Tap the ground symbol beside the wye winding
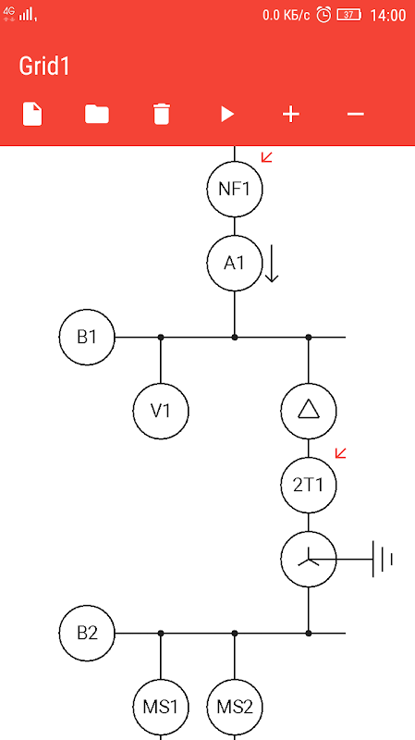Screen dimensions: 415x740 [x=383, y=560]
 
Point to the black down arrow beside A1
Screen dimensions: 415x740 [x=271, y=264]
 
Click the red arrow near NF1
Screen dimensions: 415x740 [x=267, y=157]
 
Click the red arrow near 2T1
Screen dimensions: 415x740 [x=340, y=453]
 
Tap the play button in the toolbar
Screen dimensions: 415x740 [x=227, y=114]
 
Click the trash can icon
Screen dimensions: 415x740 [x=161, y=114]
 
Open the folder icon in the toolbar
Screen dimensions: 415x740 [x=97, y=114]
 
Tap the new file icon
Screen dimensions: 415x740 [x=32, y=114]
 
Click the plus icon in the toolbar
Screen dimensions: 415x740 [x=291, y=114]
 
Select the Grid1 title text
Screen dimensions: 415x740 [x=44, y=66]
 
